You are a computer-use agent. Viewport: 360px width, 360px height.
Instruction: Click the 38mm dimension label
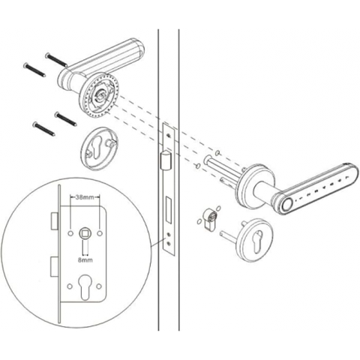point(85,197)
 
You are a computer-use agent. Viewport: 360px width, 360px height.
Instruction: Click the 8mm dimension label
point(85,260)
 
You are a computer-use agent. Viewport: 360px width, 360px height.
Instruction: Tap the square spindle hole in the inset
point(85,233)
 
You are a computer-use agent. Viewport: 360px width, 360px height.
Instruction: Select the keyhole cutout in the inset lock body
point(85,287)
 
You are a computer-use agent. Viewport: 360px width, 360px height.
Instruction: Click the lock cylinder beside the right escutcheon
point(210,219)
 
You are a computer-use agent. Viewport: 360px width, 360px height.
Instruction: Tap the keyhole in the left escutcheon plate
point(97,149)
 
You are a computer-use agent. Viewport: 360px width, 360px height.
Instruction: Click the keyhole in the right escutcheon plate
point(258,241)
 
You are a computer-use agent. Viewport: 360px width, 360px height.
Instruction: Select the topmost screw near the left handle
point(56,59)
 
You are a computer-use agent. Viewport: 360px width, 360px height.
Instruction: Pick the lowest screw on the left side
point(44,129)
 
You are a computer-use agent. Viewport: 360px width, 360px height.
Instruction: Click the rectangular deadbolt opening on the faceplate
point(168,209)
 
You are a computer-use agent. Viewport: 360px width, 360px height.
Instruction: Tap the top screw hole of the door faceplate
point(168,136)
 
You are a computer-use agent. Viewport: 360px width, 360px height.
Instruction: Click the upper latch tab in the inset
point(55,221)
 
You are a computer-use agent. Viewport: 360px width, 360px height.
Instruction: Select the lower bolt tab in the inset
point(55,266)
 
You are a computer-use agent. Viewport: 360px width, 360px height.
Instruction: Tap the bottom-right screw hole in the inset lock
point(100,286)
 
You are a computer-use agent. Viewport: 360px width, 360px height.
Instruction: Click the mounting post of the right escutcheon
point(228,235)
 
